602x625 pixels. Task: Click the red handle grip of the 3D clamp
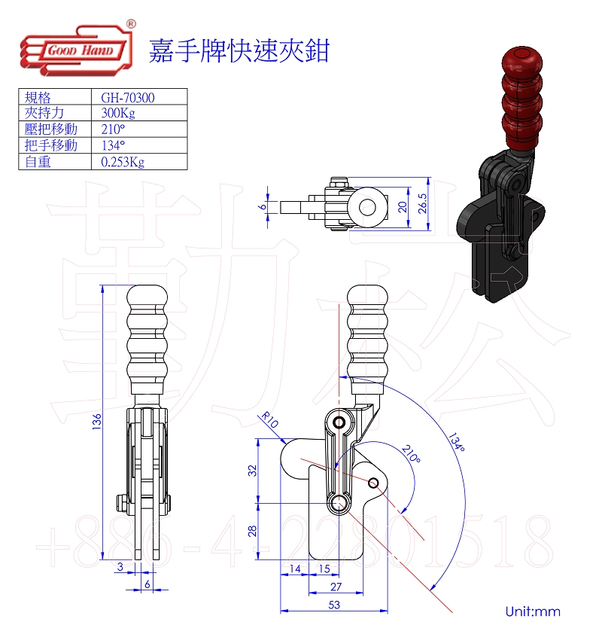pyautogui.click(x=519, y=97)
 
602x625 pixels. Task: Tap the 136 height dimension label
pyautogui.click(x=96, y=423)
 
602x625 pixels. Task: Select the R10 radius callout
pyautogui.click(x=269, y=419)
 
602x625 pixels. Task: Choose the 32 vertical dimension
pyautogui.click(x=253, y=471)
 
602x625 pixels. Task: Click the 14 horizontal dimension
pyautogui.click(x=294, y=568)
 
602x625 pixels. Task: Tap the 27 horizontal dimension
pyautogui.click(x=336, y=586)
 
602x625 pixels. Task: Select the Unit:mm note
pyautogui.click(x=533, y=611)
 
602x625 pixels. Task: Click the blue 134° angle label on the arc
pyautogui.click(x=455, y=442)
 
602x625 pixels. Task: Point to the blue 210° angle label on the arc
pyautogui.click(x=412, y=455)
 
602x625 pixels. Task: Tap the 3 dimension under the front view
pyautogui.click(x=120, y=566)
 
